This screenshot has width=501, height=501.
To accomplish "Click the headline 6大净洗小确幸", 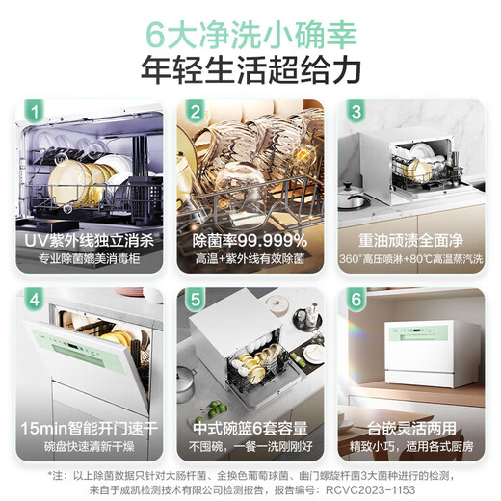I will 250,35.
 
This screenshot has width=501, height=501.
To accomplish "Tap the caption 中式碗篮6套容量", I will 250,426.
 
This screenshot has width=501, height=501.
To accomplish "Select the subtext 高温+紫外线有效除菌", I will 250,259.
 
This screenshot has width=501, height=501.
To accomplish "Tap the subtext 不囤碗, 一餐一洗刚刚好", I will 250,445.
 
